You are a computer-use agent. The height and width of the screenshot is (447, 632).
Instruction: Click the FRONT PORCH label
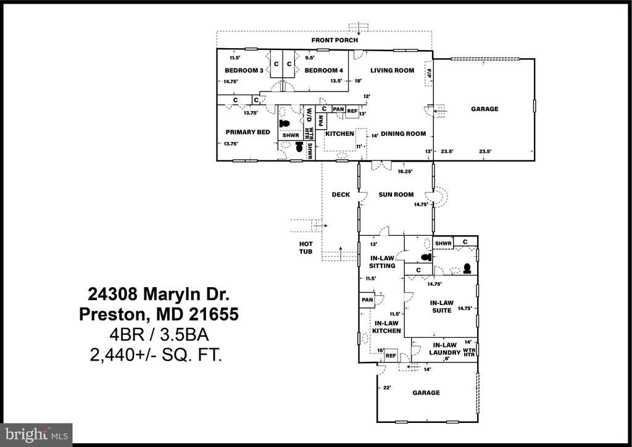[335, 40]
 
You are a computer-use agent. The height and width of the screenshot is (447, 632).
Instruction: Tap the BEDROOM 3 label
[244, 70]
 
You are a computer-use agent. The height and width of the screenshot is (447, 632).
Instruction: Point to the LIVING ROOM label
[392, 70]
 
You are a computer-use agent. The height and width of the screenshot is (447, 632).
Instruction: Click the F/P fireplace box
[429, 73]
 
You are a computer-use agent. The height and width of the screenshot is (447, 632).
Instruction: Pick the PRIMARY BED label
[248, 132]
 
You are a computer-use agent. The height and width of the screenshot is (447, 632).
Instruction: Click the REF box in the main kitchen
[352, 111]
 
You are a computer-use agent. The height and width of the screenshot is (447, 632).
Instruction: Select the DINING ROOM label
[404, 134]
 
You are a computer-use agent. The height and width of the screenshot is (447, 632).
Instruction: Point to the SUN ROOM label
[396, 194]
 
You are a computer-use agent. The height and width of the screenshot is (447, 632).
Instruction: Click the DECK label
[341, 194]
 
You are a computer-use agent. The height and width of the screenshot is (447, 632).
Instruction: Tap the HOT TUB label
[306, 248]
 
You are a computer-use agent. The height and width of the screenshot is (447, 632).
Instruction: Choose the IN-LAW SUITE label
[442, 307]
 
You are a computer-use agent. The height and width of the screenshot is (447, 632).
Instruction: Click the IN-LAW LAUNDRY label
[444, 349]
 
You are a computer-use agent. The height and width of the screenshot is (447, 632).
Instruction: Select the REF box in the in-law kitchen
[391, 356]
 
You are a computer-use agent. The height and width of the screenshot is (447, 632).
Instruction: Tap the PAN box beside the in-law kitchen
[367, 300]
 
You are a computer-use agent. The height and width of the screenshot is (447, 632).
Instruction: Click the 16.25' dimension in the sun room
[405, 172]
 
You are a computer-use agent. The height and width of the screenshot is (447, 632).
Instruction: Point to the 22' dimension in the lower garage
[387, 388]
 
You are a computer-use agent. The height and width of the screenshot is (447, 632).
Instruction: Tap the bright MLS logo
[36, 435]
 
